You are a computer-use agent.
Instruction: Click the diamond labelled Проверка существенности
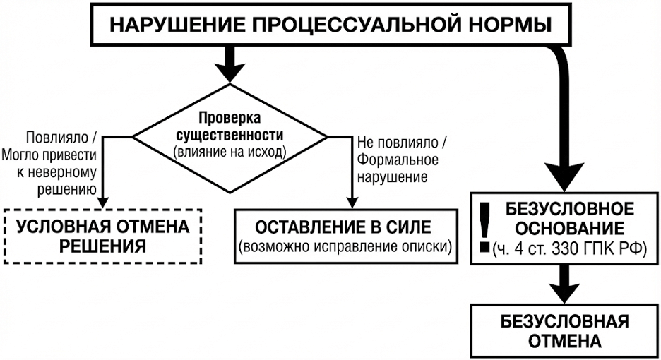click(230, 133)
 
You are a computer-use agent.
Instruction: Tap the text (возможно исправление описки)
click(345, 247)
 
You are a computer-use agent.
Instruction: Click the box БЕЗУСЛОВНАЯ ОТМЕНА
click(564, 331)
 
